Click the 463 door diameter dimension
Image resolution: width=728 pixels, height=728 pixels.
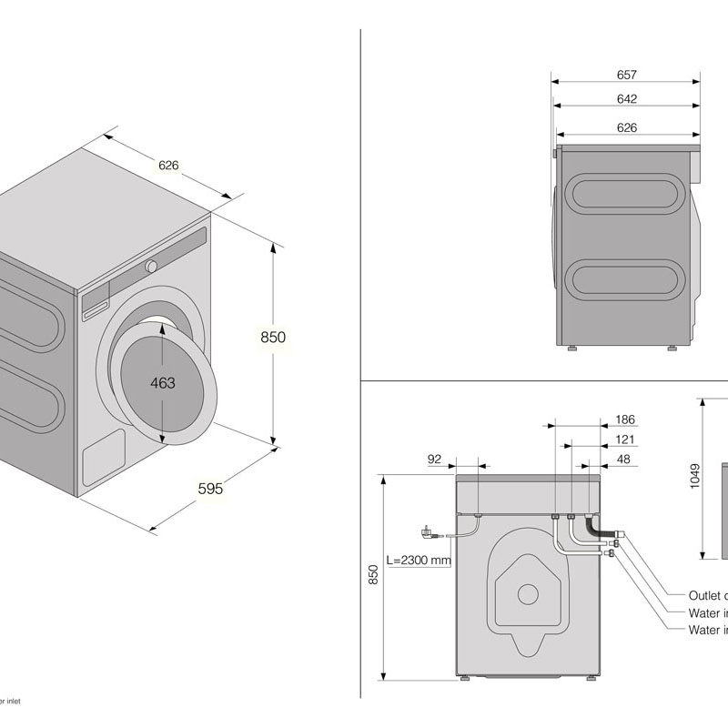162,383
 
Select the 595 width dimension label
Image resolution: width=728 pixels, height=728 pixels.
210,489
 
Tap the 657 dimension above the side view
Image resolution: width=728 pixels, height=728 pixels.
626,75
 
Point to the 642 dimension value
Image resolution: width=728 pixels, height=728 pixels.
626,99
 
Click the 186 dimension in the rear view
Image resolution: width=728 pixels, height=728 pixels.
624,420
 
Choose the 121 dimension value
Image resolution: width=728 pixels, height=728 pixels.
624,440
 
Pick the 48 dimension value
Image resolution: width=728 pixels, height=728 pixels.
623,460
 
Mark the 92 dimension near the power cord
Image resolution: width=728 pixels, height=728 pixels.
434,460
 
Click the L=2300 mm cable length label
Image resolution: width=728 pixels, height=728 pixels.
418,561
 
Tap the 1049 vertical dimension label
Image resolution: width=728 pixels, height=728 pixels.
695,477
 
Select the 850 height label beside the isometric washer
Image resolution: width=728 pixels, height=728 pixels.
273,337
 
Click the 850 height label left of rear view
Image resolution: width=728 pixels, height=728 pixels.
373,575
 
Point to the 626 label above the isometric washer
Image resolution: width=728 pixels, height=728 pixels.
168,166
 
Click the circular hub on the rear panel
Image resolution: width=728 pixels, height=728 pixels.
528,593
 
